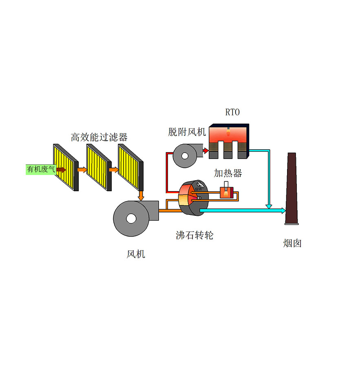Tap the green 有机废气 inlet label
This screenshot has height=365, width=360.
pyautogui.click(x=42, y=169)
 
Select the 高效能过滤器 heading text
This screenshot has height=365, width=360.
pyautogui.click(x=99, y=137)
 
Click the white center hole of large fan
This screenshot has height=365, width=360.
pyautogui.click(x=131, y=219)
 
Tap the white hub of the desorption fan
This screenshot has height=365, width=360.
pyautogui.click(x=186, y=155)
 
